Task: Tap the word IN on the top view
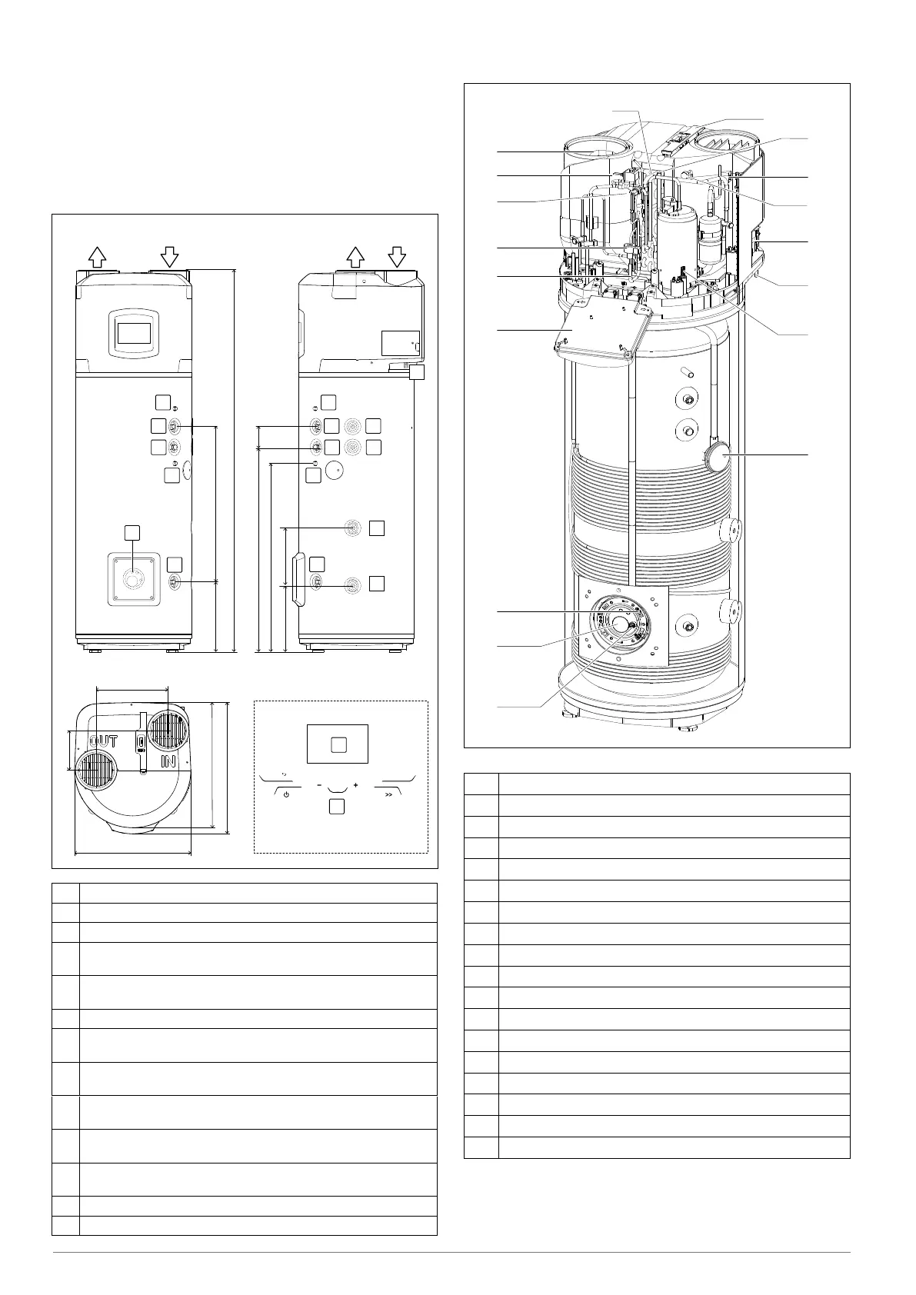pyautogui.click(x=169, y=761)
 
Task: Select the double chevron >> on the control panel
pyautogui.click(x=388, y=794)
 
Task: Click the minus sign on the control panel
pyautogui.click(x=318, y=785)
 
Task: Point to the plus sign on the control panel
pyautogui.click(x=356, y=785)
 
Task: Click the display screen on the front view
pyautogui.click(x=133, y=334)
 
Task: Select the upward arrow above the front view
pyautogui.click(x=97, y=256)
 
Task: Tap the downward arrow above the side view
pyautogui.click(x=397, y=256)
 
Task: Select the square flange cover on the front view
pyautogui.click(x=132, y=578)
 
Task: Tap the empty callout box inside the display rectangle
pyautogui.click(x=337, y=744)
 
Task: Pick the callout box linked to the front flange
pyautogui.click(x=132, y=532)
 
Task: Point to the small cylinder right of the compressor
pyautogui.click(x=711, y=234)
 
